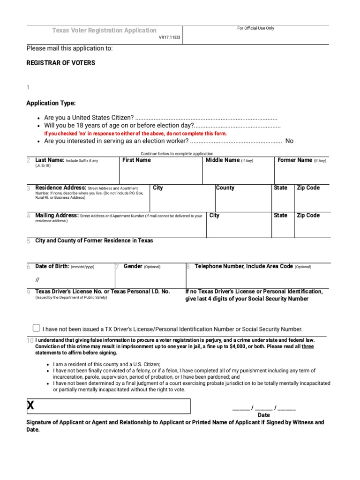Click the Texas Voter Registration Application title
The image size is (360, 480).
104,30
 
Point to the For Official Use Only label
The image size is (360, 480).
255,29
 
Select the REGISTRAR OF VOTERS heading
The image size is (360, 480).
60,63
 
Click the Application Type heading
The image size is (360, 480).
51,103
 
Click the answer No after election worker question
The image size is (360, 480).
289,141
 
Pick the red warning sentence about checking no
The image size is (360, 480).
135,134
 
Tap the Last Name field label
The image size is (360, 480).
50,160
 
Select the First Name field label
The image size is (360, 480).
136,160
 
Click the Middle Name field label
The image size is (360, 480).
223,160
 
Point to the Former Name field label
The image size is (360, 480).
295,160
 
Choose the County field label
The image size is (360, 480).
225,188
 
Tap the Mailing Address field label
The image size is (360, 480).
57,216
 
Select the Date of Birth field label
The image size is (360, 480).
52,266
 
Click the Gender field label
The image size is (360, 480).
133,266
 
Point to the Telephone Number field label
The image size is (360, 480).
244,266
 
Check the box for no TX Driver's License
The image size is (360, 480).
37,328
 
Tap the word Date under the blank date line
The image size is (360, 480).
264,415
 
